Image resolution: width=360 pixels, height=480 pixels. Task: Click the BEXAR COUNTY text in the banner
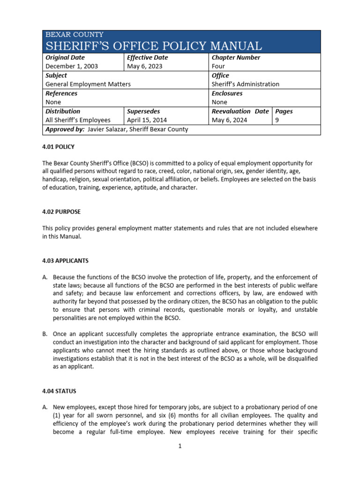coord(75,35)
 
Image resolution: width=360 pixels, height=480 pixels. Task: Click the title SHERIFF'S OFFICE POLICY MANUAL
coord(153,46)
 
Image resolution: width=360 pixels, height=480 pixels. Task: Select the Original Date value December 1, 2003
coord(72,67)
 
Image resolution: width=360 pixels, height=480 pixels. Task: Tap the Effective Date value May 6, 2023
coord(143,67)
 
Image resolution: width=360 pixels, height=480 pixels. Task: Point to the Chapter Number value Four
coord(218,67)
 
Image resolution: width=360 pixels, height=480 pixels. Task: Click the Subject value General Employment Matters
coord(88,84)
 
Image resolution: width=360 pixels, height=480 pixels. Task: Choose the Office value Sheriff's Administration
coord(245,84)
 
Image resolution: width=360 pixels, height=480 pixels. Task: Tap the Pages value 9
coord(277,120)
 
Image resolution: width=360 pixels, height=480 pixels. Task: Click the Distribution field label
coord(63,112)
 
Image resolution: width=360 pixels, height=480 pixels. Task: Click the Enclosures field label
coord(227,93)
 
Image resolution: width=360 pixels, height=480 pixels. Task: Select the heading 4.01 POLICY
coord(59,147)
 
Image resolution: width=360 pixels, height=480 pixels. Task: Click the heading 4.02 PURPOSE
coord(61,212)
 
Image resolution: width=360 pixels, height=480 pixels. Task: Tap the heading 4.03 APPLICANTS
coord(65,261)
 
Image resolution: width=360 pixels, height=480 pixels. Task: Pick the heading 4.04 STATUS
coord(59,391)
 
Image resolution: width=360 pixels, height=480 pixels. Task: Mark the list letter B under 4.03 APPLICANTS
coord(45,334)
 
